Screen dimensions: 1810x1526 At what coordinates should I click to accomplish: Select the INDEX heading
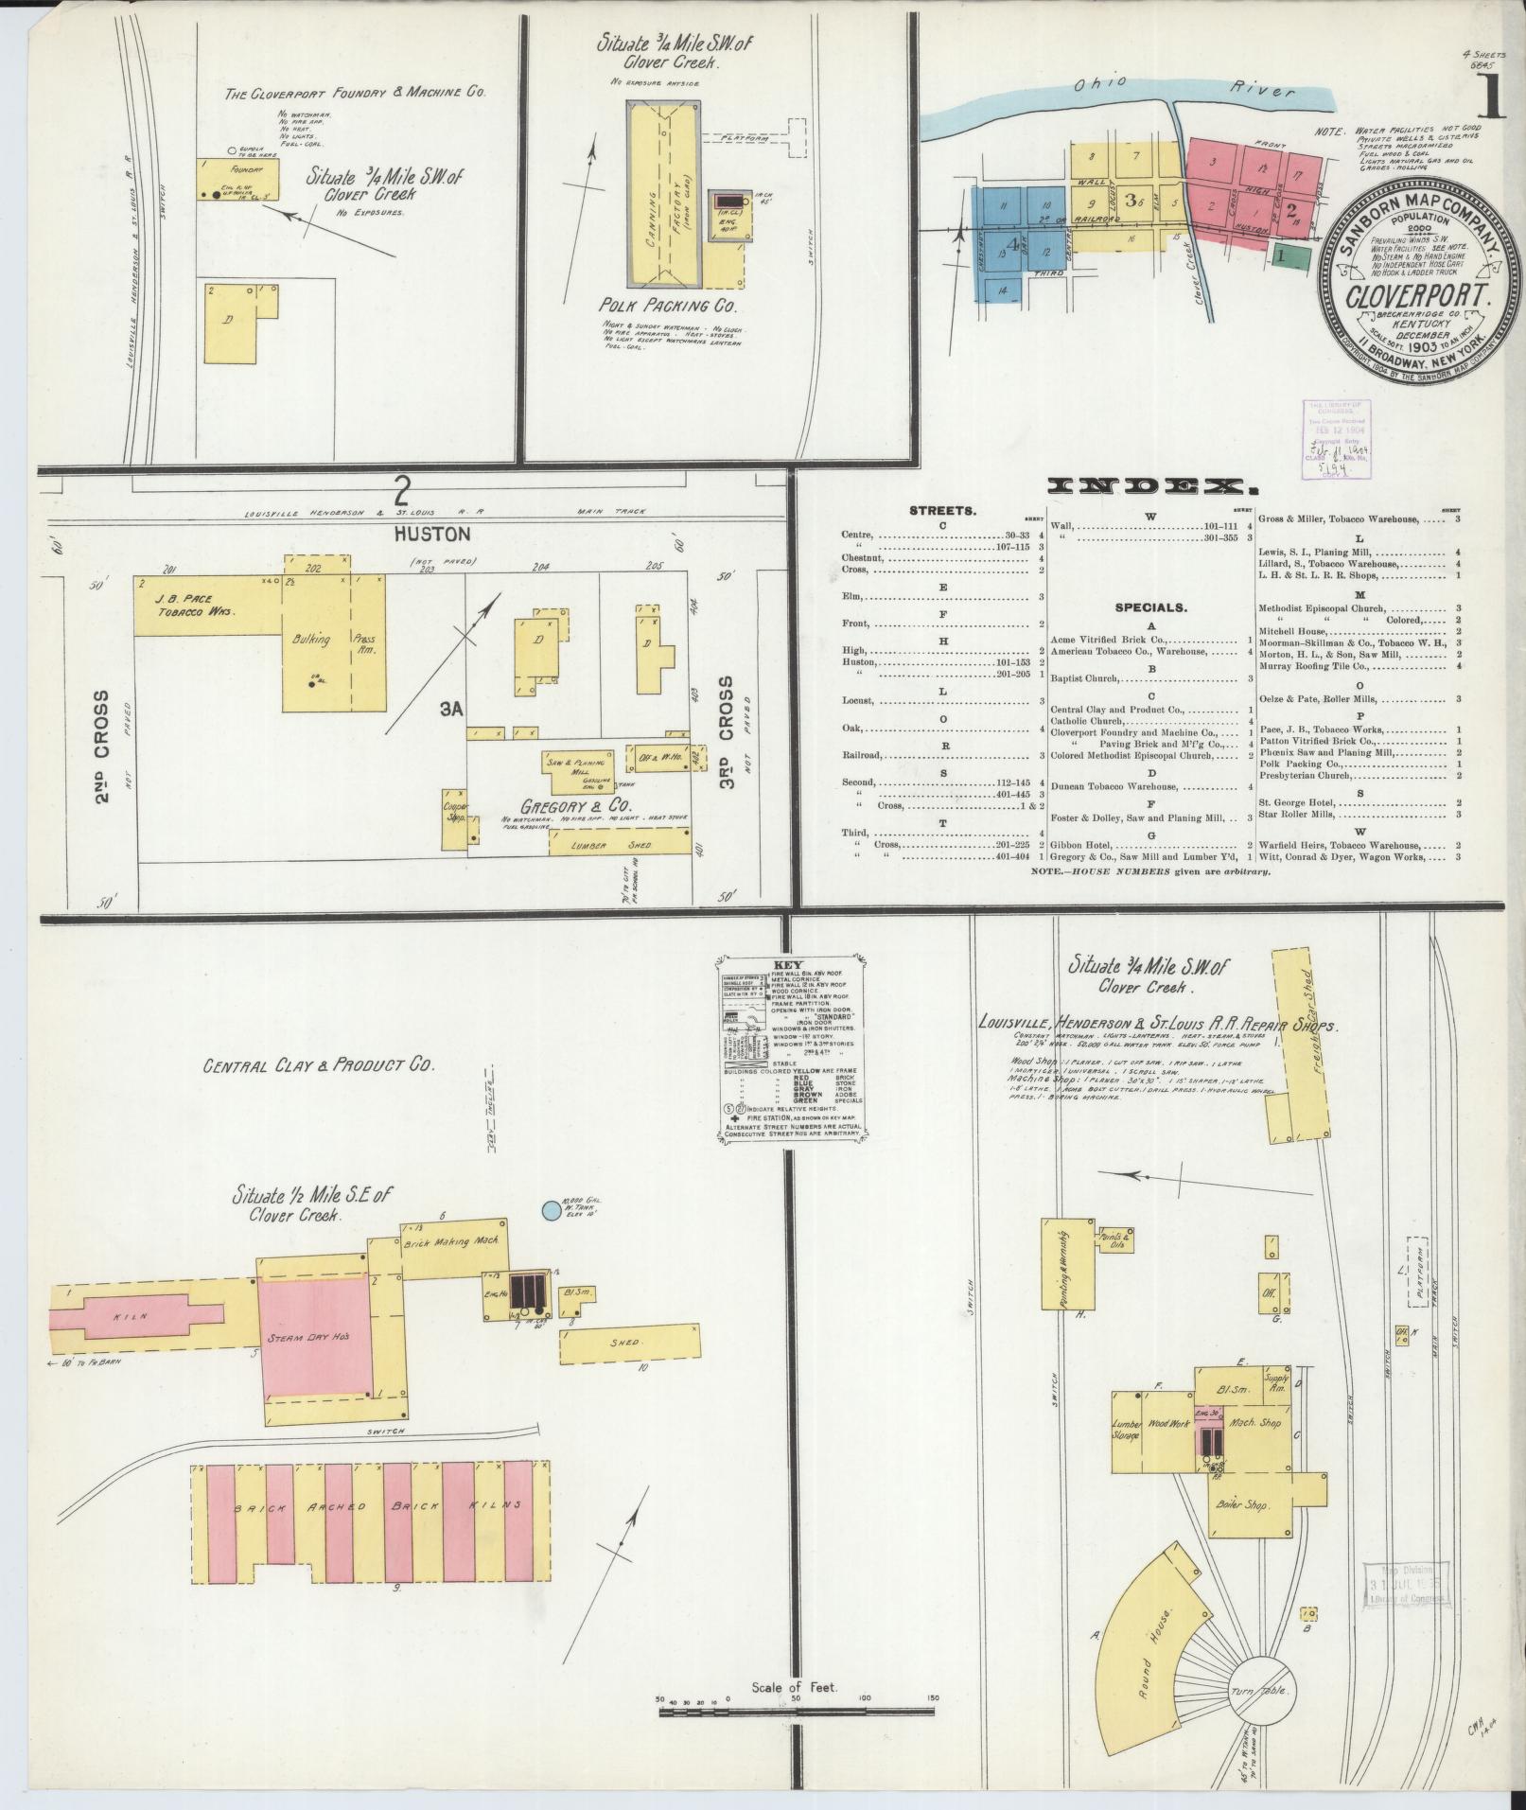pos(1151,487)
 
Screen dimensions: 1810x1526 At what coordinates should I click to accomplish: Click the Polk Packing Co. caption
pos(667,307)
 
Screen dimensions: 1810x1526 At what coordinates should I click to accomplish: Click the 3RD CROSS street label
pos(726,721)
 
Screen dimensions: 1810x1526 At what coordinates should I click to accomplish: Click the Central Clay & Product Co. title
pos(318,1064)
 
